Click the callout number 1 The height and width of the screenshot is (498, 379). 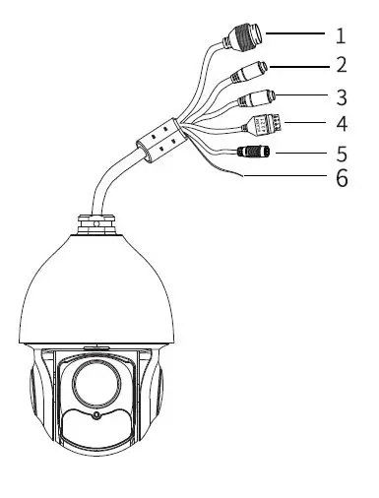341,36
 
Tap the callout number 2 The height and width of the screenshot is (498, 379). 341,66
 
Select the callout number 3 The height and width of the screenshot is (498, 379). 341,96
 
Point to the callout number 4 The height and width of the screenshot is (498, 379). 341,125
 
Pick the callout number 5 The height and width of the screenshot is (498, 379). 341,154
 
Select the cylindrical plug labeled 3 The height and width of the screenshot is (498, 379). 258,98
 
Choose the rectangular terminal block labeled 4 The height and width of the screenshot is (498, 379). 265,126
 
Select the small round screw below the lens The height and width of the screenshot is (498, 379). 95,414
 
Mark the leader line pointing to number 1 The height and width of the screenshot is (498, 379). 295,33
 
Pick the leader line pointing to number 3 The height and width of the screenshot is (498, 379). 303,94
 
